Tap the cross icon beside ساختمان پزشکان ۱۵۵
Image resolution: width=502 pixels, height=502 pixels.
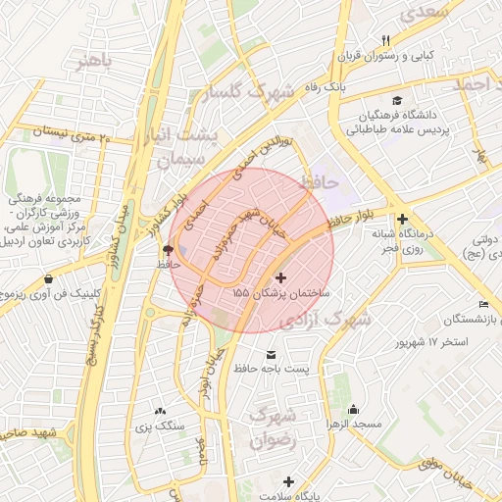point(283,278)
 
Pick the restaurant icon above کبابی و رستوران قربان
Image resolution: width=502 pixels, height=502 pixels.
point(385,40)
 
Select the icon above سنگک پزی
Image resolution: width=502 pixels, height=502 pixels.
point(160,410)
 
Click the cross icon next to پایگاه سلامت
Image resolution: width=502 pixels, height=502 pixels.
point(287,481)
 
